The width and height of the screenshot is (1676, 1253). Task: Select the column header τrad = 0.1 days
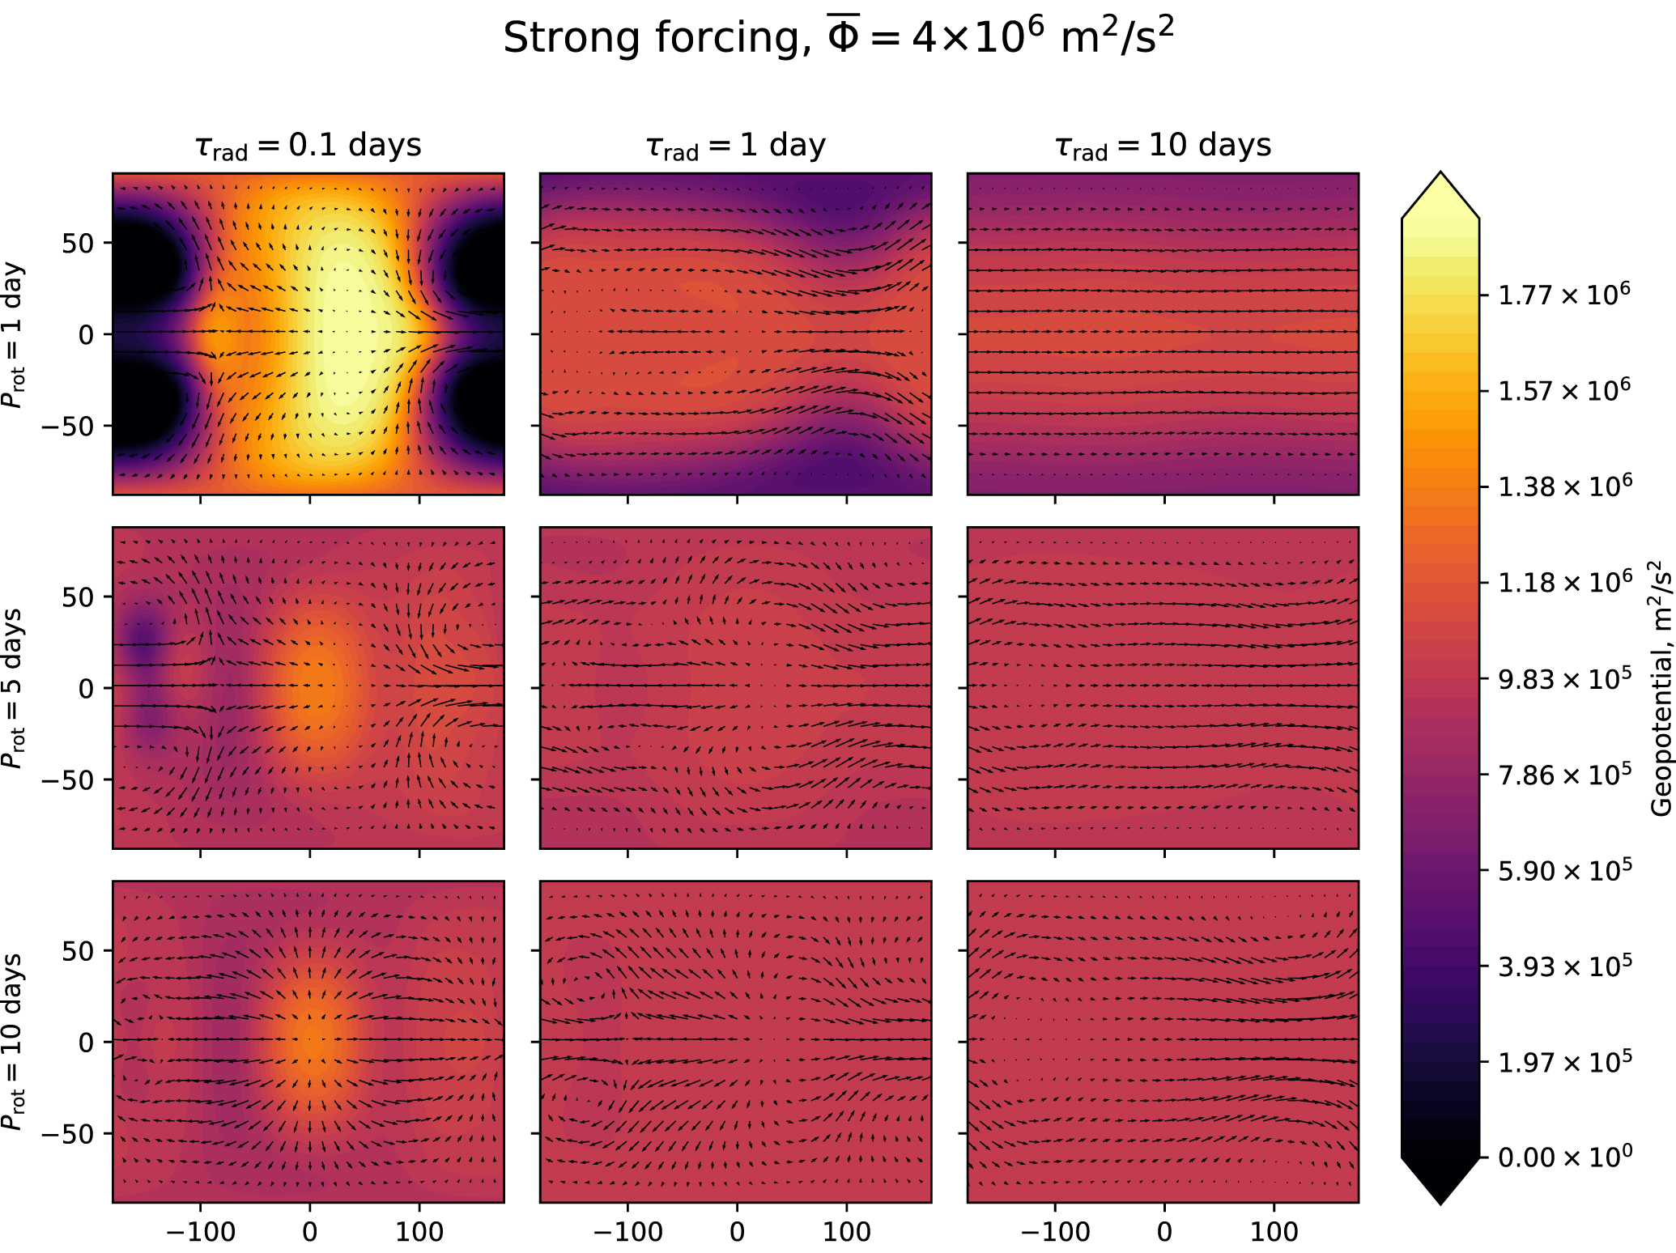[x=308, y=146]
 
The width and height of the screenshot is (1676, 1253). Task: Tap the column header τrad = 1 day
[x=735, y=146]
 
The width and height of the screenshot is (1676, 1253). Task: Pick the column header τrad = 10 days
[x=1163, y=146]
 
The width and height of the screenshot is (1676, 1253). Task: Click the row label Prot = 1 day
[x=14, y=334]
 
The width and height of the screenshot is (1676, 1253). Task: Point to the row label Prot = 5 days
[x=14, y=688]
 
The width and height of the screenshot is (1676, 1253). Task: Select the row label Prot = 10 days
[x=14, y=1042]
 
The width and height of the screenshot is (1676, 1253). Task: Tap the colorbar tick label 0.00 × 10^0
[x=1563, y=1157]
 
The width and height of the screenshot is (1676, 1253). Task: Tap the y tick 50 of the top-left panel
[x=79, y=243]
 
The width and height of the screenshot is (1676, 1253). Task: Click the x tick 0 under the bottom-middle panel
[x=736, y=1232]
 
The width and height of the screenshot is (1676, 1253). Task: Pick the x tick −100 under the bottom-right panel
[x=1054, y=1232]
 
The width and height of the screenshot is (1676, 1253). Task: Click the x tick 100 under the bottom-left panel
[x=419, y=1232]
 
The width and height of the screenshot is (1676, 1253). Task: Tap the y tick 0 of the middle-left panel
[x=87, y=688]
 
